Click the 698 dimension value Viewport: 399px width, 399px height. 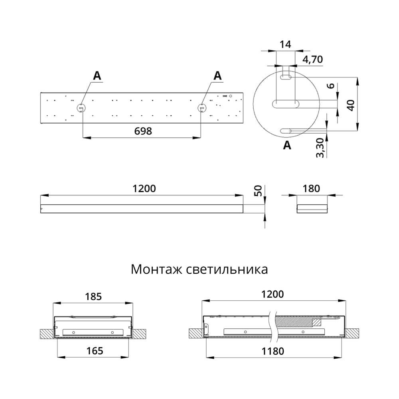click(143, 131)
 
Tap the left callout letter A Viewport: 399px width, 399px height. click(98, 75)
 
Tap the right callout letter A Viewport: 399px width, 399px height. click(217, 75)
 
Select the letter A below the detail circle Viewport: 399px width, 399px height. click(287, 146)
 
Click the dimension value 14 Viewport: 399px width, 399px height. click(285, 44)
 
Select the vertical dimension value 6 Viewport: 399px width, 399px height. click(330, 87)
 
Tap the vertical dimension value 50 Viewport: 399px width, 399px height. click(258, 190)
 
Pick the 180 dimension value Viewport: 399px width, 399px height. click(311, 188)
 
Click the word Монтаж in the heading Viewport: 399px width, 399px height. click(157, 269)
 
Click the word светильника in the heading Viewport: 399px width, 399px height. click(227, 269)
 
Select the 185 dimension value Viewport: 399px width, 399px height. click(93, 296)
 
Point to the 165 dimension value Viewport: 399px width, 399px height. click(94, 351)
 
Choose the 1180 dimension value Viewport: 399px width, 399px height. click(273, 351)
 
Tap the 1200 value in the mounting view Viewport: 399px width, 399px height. click(273, 294)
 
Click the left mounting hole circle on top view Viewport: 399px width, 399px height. click(81, 108)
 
